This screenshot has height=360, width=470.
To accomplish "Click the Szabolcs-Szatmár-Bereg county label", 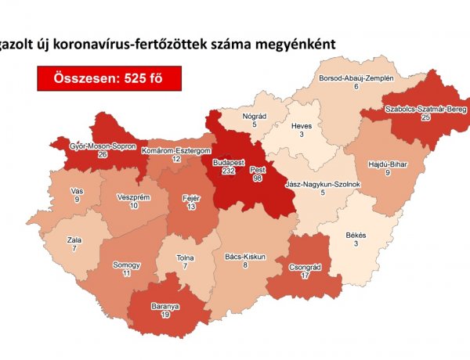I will [x=425, y=110].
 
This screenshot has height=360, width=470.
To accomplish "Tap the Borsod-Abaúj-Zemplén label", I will [x=355, y=79].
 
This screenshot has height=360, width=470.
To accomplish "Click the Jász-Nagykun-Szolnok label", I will [x=323, y=184].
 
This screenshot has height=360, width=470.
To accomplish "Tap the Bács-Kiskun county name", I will [x=244, y=256].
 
